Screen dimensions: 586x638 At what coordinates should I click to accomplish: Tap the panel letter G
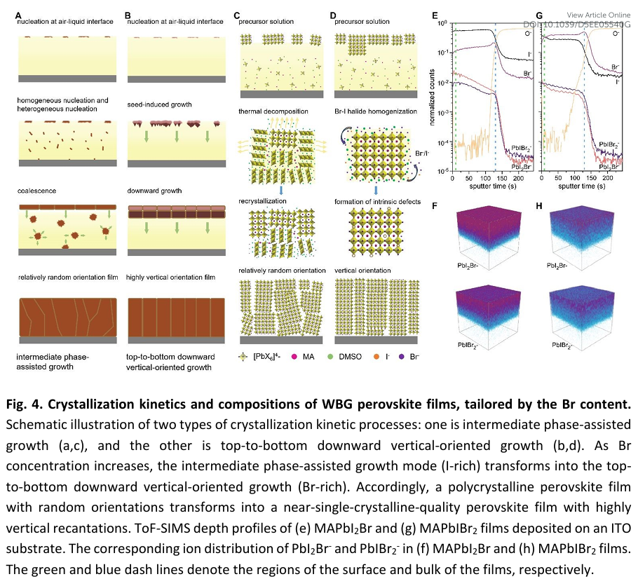coord(539,14)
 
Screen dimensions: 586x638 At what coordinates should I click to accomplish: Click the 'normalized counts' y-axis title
coord(435,98)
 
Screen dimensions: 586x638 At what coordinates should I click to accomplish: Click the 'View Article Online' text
coord(599,15)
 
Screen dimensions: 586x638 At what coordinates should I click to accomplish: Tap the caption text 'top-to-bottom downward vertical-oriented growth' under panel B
coord(172,362)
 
